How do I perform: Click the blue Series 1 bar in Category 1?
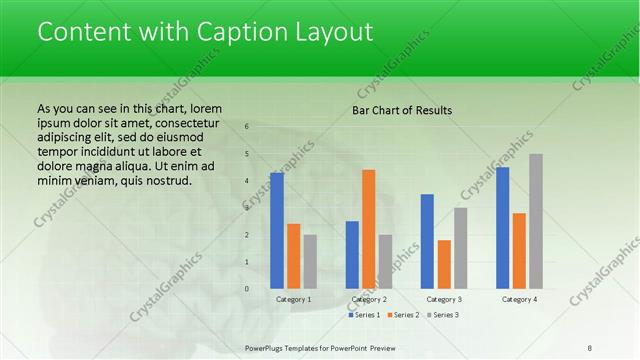[x=277, y=231]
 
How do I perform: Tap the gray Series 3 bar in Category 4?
[x=536, y=221]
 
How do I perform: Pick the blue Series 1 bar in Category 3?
[x=427, y=241]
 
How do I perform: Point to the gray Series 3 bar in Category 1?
[x=310, y=261]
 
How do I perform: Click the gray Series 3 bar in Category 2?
[x=385, y=261]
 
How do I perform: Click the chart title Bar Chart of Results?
[x=402, y=110]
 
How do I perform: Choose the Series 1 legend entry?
[x=365, y=315]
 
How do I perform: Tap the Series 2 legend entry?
[x=405, y=315]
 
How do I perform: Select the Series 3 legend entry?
[x=443, y=315]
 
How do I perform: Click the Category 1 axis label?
[x=294, y=299]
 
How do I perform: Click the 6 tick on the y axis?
[x=246, y=127]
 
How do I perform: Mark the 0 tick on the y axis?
[x=246, y=289]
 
